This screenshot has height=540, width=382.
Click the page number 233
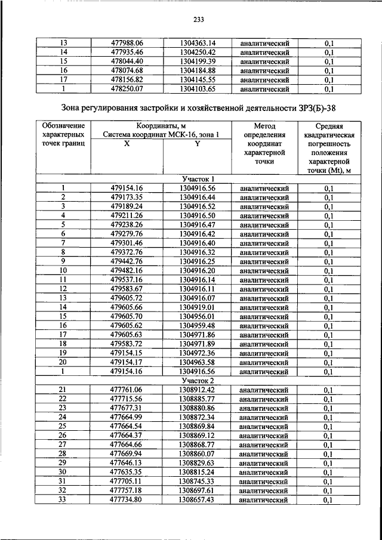[199, 20]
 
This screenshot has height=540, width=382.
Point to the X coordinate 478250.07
[127, 90]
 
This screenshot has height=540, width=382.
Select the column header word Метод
[263, 126]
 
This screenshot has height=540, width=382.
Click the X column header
[126, 144]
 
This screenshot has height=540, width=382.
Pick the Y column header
[197, 144]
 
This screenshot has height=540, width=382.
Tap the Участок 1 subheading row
[197, 179]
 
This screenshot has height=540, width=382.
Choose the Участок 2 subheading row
[197, 381]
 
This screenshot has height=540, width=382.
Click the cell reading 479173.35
[127, 198]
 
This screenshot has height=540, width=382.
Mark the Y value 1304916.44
[197, 198]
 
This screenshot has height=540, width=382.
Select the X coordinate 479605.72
[127, 298]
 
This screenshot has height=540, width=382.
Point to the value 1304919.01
[197, 307]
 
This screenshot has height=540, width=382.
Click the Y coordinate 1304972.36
[197, 353]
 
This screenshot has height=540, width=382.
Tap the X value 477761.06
[127, 390]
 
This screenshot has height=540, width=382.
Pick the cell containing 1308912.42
[197, 390]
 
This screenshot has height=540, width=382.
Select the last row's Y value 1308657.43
[197, 500]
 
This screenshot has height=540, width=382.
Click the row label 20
[63, 362]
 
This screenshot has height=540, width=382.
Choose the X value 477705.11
[127, 482]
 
